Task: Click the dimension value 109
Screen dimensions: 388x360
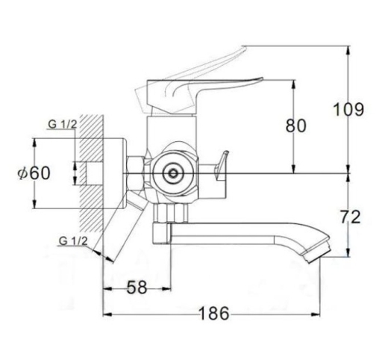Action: [348, 110]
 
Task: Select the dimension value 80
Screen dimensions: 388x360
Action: [295, 125]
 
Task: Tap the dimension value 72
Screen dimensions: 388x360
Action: [350, 217]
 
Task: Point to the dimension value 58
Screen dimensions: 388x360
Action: [137, 287]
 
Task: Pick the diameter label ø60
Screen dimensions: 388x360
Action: [34, 173]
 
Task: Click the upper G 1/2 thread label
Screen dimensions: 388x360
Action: [63, 124]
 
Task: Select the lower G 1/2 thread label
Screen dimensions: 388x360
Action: [73, 241]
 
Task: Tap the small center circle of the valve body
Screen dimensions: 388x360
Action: [173, 173]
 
